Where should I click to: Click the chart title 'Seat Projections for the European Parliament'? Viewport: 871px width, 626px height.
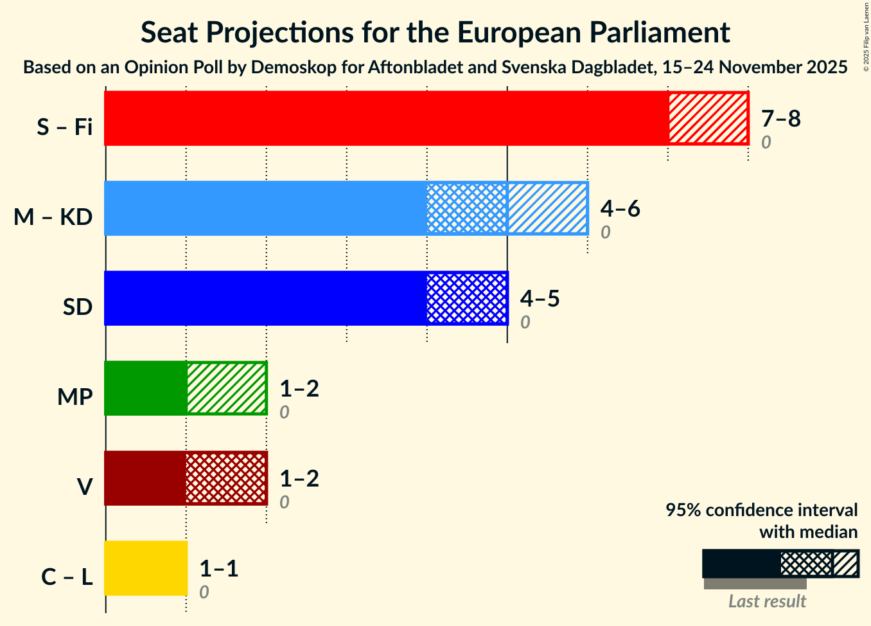[435, 32]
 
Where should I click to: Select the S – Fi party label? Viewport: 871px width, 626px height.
[64, 127]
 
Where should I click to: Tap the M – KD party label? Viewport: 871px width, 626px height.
[53, 217]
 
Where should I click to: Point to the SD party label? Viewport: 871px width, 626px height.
[78, 307]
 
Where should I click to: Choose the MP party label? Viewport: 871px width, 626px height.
[75, 397]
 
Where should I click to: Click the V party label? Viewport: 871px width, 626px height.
[84, 487]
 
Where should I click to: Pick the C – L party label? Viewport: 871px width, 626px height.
[67, 577]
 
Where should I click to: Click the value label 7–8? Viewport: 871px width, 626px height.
[780, 118]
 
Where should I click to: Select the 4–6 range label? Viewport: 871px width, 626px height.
[620, 208]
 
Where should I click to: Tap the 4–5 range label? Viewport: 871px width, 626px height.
[540, 298]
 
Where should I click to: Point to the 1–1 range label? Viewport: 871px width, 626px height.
[218, 568]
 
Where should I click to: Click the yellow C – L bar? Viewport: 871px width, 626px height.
[146, 568]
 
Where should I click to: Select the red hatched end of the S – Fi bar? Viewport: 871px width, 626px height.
[708, 118]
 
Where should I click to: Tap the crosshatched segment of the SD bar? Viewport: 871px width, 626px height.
[467, 298]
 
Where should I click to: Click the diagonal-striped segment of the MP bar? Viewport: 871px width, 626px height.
[226, 388]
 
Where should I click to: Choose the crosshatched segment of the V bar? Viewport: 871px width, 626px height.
[226, 478]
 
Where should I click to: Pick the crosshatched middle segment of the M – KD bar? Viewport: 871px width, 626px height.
[467, 208]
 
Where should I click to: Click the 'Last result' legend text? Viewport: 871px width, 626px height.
[767, 602]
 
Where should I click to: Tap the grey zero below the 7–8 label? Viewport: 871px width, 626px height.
[766, 143]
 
